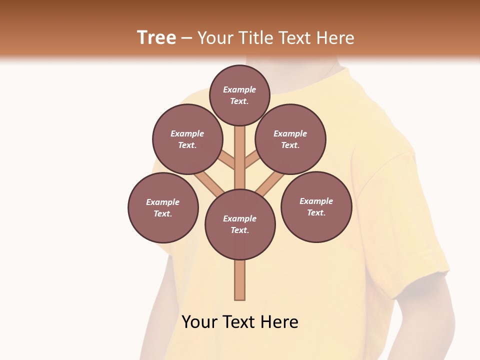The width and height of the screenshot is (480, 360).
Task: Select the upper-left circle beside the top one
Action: click(187, 139)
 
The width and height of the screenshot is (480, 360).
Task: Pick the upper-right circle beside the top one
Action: click(290, 139)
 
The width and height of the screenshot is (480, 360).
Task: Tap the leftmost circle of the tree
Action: click(163, 208)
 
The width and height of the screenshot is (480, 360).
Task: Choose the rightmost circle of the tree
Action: click(316, 207)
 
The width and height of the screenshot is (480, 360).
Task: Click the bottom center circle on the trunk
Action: click(240, 224)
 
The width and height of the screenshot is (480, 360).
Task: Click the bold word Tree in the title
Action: click(156, 37)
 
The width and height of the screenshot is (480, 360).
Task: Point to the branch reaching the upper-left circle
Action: click(227, 160)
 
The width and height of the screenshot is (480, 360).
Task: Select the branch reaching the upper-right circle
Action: click(251, 161)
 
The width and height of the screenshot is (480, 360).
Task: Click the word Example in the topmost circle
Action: click(239, 90)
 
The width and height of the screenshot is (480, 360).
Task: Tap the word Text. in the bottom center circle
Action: click(240, 230)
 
